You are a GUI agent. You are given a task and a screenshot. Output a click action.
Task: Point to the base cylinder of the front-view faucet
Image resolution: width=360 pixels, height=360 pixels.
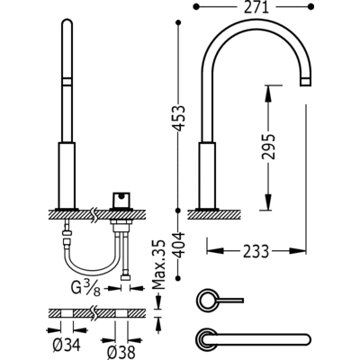(68, 172)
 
